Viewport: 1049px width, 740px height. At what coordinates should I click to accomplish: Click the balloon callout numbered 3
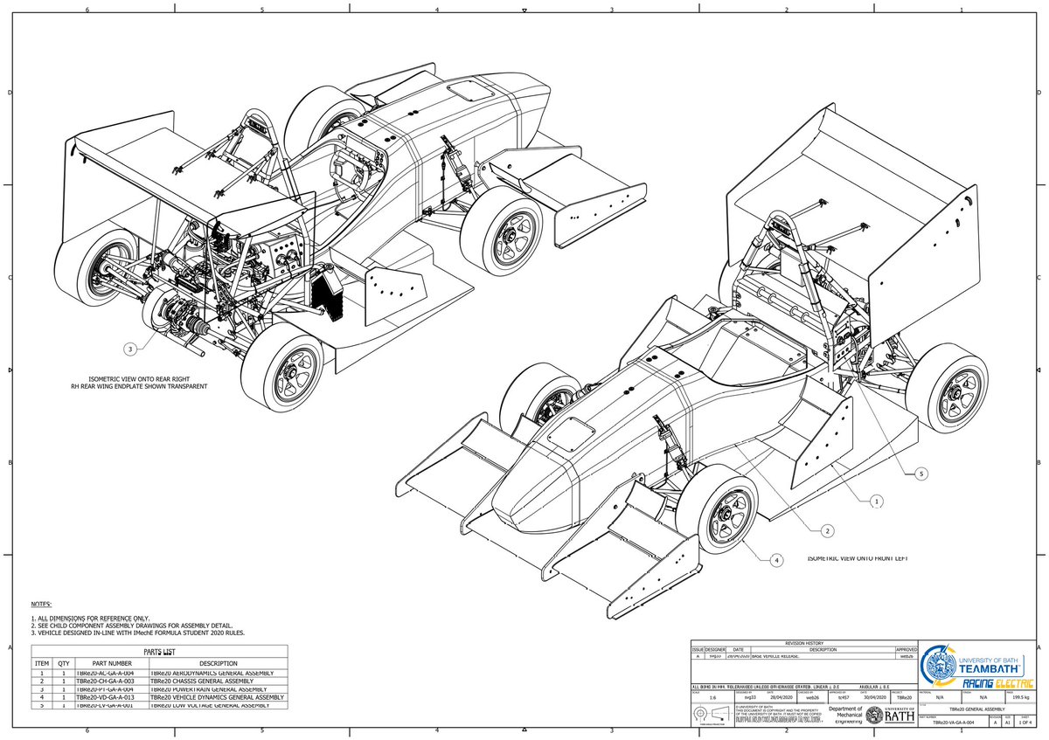(x=130, y=349)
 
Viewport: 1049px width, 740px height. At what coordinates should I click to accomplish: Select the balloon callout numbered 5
(x=921, y=474)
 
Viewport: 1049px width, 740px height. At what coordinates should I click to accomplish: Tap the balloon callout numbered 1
(x=877, y=501)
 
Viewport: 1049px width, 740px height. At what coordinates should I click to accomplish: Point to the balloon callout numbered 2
(x=826, y=530)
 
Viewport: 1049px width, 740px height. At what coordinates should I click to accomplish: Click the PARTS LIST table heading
(x=159, y=652)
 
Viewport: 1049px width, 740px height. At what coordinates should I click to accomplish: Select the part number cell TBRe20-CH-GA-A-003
(x=104, y=681)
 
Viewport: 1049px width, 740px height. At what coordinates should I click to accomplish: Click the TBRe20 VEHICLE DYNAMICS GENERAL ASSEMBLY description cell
(x=217, y=697)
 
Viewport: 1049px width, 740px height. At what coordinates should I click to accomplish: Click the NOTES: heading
(x=41, y=605)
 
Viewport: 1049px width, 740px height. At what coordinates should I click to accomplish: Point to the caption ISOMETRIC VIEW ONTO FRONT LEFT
(x=858, y=557)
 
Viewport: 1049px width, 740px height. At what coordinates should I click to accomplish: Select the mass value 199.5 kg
(x=1018, y=698)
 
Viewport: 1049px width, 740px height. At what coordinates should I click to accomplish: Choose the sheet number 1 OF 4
(x=1018, y=723)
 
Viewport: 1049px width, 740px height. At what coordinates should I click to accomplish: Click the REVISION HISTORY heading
(x=804, y=642)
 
